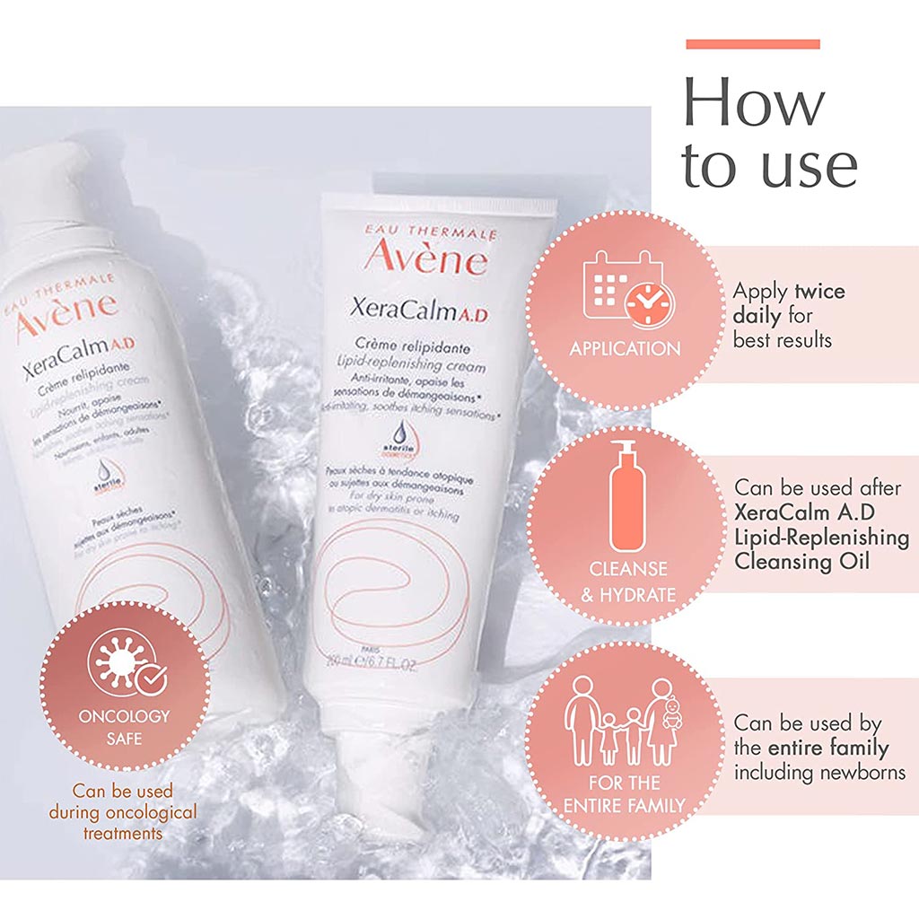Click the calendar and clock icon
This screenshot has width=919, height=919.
point(625,289)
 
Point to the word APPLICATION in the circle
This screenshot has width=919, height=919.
point(625,348)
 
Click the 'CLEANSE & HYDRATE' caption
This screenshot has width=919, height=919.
point(627,582)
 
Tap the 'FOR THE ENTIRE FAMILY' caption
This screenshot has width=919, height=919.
point(625,793)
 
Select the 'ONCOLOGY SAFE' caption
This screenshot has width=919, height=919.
point(124,728)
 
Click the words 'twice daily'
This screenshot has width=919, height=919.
point(790,304)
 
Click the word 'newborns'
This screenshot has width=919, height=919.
point(858,772)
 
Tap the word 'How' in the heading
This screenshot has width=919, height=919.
point(753,102)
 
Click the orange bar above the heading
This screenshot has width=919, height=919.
point(752,43)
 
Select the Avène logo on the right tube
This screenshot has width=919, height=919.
point(425,255)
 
